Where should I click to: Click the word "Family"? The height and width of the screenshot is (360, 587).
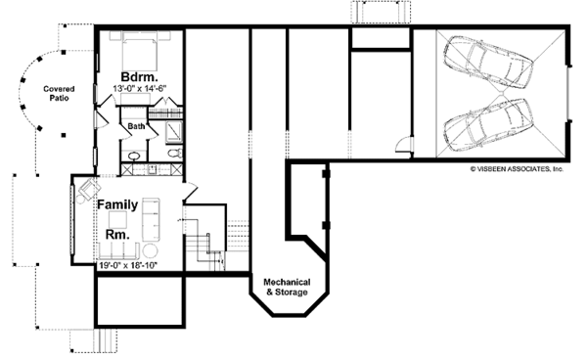coord(116,205)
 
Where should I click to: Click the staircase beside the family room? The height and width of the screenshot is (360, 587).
coord(205,245)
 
